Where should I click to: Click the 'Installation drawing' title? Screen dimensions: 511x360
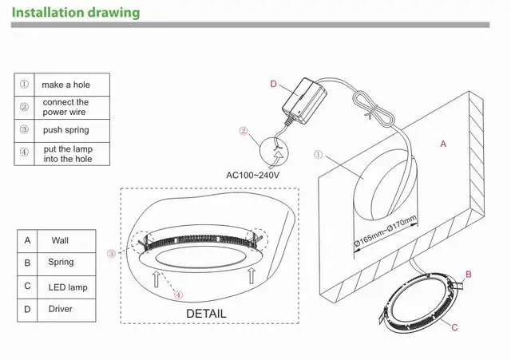(x=76, y=13)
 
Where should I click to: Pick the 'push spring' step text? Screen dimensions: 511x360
(x=66, y=129)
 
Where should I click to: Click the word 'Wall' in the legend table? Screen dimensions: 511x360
(x=60, y=240)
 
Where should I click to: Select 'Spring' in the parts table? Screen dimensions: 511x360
(x=61, y=263)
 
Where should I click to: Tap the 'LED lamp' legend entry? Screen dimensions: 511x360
(x=68, y=287)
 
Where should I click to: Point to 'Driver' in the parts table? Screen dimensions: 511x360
(x=61, y=309)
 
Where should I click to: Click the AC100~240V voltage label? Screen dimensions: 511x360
(x=252, y=176)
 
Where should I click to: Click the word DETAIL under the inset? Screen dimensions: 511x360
(x=206, y=314)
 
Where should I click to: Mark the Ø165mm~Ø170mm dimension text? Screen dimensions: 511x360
(x=386, y=231)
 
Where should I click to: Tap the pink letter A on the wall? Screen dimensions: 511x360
(x=443, y=144)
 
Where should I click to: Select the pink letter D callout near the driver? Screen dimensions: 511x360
(x=273, y=84)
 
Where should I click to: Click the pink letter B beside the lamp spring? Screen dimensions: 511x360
(x=469, y=275)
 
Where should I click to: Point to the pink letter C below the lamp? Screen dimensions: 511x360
(x=454, y=327)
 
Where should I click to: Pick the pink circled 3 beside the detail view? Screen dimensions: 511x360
(x=112, y=254)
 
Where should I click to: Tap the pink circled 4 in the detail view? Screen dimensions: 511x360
(x=178, y=295)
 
